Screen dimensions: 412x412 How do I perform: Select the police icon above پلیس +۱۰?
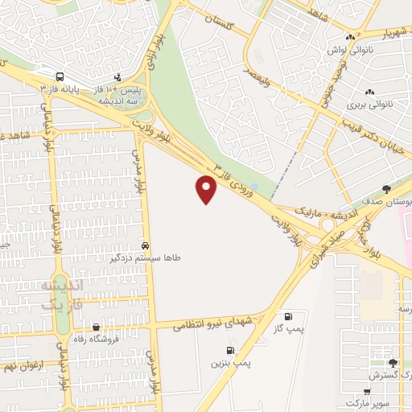coord(119,77)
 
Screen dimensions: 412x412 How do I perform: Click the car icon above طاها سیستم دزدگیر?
coord(145,245)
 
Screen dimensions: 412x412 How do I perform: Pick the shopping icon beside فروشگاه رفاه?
coord(97,327)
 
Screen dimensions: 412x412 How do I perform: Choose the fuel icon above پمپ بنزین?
coord(232,350)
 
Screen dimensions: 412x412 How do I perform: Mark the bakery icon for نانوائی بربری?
coord(369,93)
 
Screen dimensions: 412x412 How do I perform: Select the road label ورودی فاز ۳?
coord(236,180)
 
